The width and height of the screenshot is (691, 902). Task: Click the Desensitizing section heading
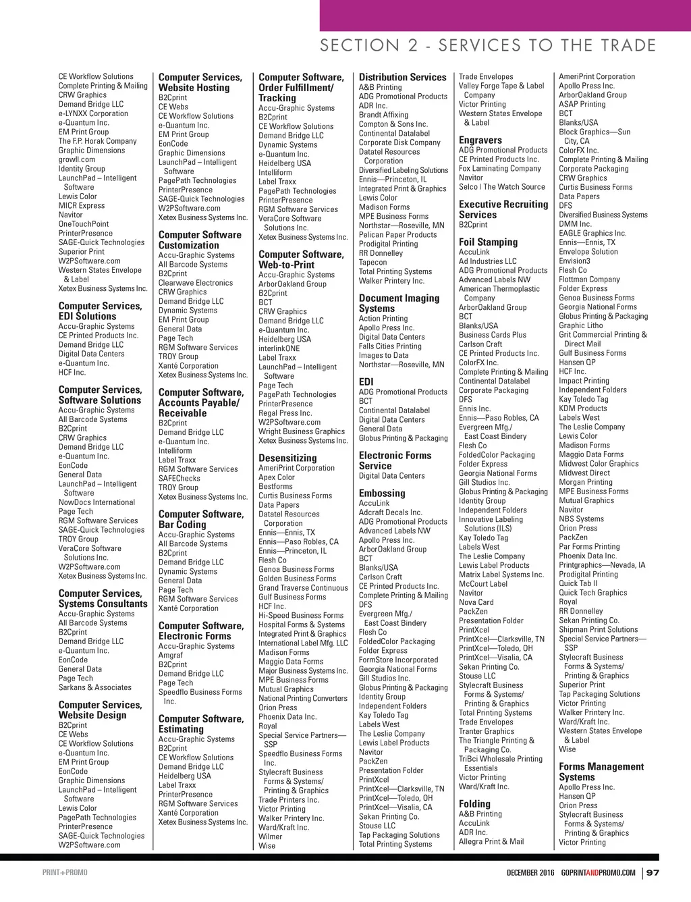click(287, 458)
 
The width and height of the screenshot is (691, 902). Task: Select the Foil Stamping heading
click(488, 242)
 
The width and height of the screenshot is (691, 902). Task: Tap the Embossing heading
click(382, 493)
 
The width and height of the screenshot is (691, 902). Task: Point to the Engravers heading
click(480, 140)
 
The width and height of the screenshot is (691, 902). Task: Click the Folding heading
click(474, 803)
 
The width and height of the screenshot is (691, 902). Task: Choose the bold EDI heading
click(366, 381)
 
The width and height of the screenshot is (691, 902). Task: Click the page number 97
click(653, 872)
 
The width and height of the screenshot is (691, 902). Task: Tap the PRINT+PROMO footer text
click(65, 872)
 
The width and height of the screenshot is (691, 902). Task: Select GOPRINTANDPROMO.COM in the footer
click(598, 872)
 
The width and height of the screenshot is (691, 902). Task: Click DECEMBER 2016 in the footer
click(530, 872)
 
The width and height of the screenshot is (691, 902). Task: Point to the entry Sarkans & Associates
click(95, 687)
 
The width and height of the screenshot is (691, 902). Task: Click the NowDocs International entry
click(96, 502)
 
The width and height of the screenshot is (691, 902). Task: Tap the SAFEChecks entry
click(179, 478)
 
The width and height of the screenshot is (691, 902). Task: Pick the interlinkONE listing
click(279, 348)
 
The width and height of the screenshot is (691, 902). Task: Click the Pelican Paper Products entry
click(397, 235)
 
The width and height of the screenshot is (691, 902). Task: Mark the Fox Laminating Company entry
click(500, 168)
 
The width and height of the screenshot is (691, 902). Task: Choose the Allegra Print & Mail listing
click(491, 841)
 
